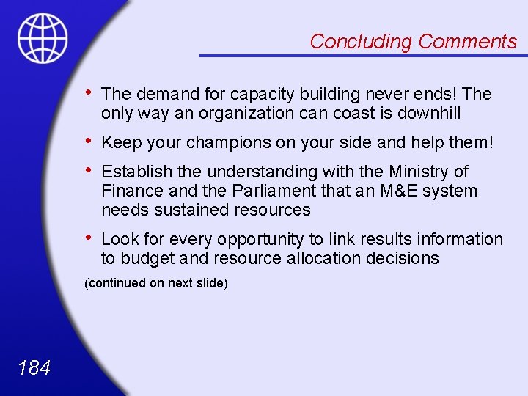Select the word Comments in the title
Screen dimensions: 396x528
tap(467, 42)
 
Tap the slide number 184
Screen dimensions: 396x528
tap(34, 367)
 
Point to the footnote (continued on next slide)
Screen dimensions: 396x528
tap(156, 283)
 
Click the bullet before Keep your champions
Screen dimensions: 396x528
tap(88, 141)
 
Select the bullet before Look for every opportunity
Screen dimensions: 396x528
tap(88, 238)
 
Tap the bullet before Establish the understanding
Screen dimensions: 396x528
tap(88, 170)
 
